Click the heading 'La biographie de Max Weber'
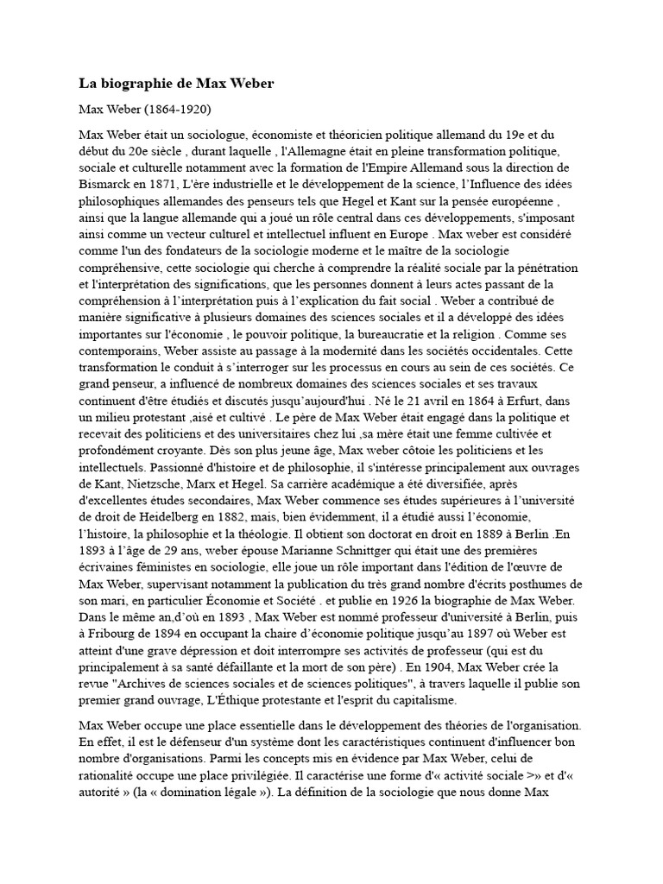[x=177, y=84]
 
